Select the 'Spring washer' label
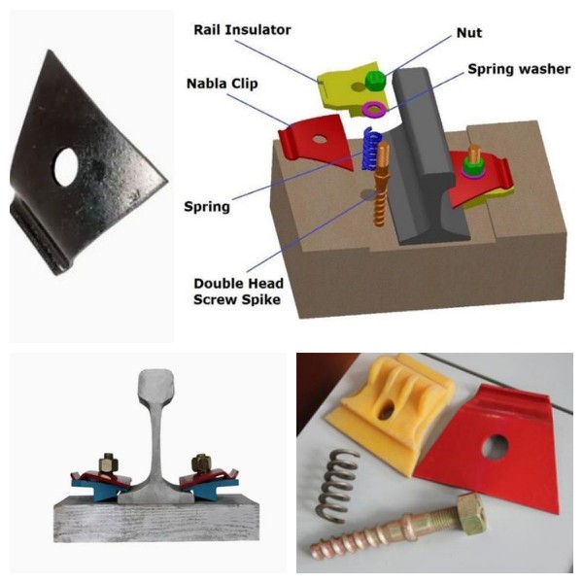[514, 70]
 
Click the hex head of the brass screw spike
[471, 512]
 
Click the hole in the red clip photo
[497, 445]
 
